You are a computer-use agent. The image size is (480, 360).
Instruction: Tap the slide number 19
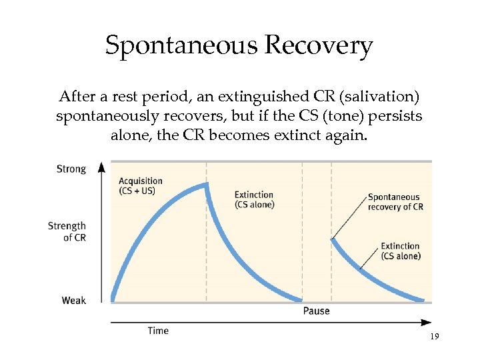(434, 337)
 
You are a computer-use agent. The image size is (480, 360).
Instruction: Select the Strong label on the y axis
(71, 169)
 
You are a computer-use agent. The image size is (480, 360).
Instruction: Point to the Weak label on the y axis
(74, 301)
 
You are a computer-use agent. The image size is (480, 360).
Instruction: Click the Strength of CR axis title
(67, 231)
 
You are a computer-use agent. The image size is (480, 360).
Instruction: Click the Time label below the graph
(158, 331)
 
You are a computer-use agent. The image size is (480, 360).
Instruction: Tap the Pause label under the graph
(316, 311)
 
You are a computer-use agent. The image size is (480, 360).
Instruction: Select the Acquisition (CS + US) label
(141, 186)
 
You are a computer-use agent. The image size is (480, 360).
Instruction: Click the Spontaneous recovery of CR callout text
(395, 201)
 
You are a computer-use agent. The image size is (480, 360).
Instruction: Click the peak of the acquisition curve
(206, 184)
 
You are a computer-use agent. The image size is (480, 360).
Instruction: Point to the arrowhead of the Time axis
(427, 322)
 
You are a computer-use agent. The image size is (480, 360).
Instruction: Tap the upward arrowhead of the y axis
(101, 166)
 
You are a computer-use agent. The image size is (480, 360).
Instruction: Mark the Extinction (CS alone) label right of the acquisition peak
(254, 199)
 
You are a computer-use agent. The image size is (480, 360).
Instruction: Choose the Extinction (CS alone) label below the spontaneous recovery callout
(400, 251)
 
